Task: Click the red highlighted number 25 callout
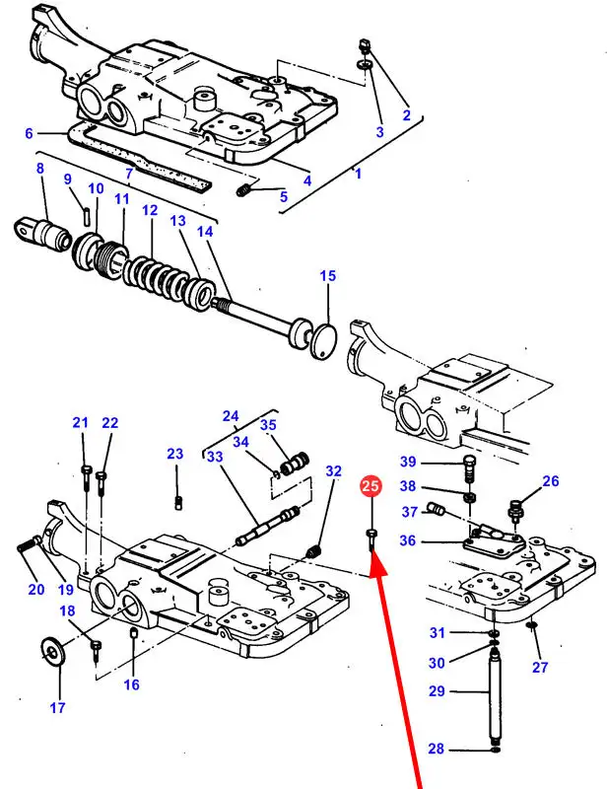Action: point(371,485)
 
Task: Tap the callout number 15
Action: point(327,277)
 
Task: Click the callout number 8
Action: point(40,169)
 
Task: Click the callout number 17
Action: point(59,706)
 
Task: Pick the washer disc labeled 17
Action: point(53,652)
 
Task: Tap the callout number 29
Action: point(437,691)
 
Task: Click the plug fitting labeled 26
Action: point(513,511)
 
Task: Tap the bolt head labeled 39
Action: point(469,463)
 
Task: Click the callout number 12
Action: point(149,211)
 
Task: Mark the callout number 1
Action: point(358,174)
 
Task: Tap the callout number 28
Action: point(437,751)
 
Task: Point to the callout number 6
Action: point(29,133)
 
